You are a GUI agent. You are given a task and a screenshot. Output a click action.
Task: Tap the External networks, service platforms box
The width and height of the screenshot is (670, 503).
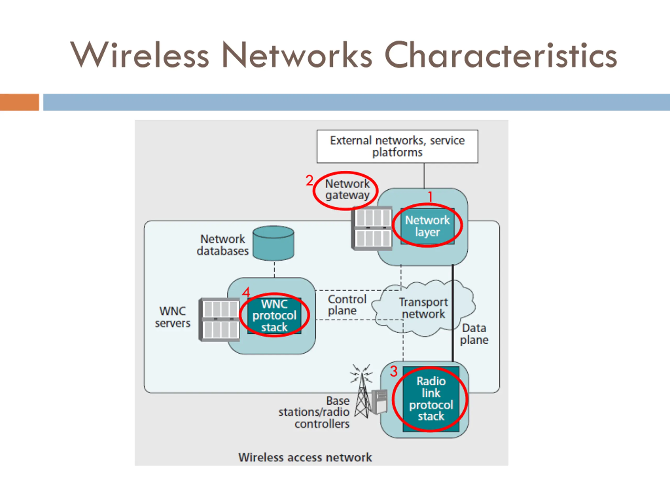[x=397, y=146]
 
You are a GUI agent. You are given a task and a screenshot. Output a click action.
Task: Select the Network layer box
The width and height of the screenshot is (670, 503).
[x=427, y=226]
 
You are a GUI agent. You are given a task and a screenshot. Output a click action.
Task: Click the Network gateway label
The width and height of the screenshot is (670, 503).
[x=347, y=189]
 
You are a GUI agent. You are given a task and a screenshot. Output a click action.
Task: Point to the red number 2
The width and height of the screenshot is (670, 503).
[x=309, y=181]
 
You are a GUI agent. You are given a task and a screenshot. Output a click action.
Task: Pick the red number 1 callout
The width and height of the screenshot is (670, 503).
[x=430, y=197]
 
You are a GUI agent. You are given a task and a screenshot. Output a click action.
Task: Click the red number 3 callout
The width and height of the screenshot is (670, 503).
[x=393, y=371]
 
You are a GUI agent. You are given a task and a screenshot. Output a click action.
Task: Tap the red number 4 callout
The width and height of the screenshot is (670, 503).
[x=246, y=292]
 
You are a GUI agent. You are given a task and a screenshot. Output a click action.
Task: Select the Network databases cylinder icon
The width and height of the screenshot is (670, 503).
[x=273, y=243]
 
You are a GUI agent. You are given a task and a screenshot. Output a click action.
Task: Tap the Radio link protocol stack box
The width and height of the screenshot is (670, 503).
[x=431, y=399]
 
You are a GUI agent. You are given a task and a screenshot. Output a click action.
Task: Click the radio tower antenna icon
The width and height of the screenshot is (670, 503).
[x=362, y=391]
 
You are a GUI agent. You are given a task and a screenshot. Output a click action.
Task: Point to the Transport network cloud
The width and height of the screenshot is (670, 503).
[x=423, y=308]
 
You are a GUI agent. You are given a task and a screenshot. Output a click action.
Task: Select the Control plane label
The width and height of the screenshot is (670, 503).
[x=347, y=305]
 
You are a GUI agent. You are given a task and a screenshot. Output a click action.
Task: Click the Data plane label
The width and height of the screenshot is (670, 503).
[x=474, y=334]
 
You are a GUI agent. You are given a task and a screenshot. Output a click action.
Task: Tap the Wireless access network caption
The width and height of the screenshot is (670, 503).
[x=305, y=457]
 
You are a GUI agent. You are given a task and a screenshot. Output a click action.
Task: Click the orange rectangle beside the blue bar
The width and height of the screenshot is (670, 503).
[x=19, y=102]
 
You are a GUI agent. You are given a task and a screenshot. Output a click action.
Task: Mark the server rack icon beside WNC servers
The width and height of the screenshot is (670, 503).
[x=219, y=320]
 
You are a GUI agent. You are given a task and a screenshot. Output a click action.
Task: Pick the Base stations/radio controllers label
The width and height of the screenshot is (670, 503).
[x=314, y=412]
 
